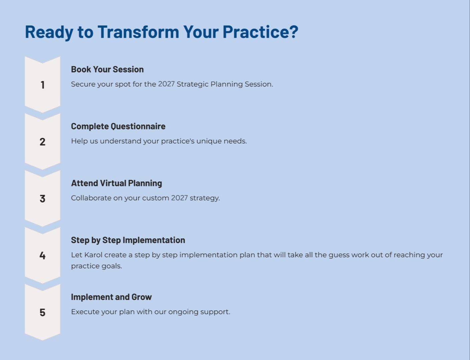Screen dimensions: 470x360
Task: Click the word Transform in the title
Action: tap(138, 32)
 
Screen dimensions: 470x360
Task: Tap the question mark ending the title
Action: tap(294, 32)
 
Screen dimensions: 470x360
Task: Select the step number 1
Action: tap(43, 85)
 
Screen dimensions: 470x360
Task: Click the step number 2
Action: tap(42, 142)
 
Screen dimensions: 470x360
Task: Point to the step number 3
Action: tap(42, 199)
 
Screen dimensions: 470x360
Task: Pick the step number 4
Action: tap(42, 255)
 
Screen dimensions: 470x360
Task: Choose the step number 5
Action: tap(42, 312)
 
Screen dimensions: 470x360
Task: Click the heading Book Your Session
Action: tap(107, 69)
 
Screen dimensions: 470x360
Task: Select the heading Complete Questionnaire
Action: tap(118, 126)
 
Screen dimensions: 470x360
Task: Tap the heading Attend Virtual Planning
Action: tap(116, 183)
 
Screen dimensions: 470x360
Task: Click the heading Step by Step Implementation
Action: tap(128, 240)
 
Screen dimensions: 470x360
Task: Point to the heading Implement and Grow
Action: tap(111, 297)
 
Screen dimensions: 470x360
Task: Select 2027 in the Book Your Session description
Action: tap(166, 84)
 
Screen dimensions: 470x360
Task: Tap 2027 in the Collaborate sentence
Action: tap(179, 198)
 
